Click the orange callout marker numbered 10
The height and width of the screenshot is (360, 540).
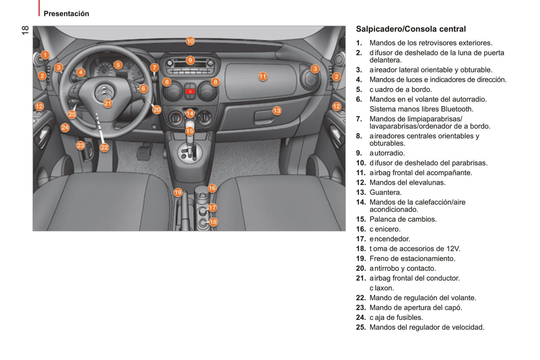[190, 41]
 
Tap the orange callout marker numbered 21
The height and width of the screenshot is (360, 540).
[108, 103]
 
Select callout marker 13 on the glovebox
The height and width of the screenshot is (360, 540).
[277, 111]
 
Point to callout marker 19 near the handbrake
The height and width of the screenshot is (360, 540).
[178, 192]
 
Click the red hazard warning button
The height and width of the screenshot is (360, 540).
[190, 91]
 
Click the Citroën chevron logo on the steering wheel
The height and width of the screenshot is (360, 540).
[105, 92]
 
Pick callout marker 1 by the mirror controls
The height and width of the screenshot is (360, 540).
[45, 55]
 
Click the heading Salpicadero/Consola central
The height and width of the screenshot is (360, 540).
[411, 29]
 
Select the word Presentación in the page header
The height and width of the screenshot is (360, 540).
[66, 14]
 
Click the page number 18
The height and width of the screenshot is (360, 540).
[25, 30]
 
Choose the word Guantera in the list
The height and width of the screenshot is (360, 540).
[385, 192]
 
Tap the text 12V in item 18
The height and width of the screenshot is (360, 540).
[453, 248]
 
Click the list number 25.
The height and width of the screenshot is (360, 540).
[361, 327]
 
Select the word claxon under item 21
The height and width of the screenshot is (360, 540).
[382, 288]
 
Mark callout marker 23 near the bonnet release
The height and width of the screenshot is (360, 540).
[80, 145]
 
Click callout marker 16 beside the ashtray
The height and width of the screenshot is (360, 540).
[212, 188]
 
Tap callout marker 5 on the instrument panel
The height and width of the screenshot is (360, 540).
[118, 65]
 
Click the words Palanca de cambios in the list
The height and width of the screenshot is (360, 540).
[403, 219]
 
